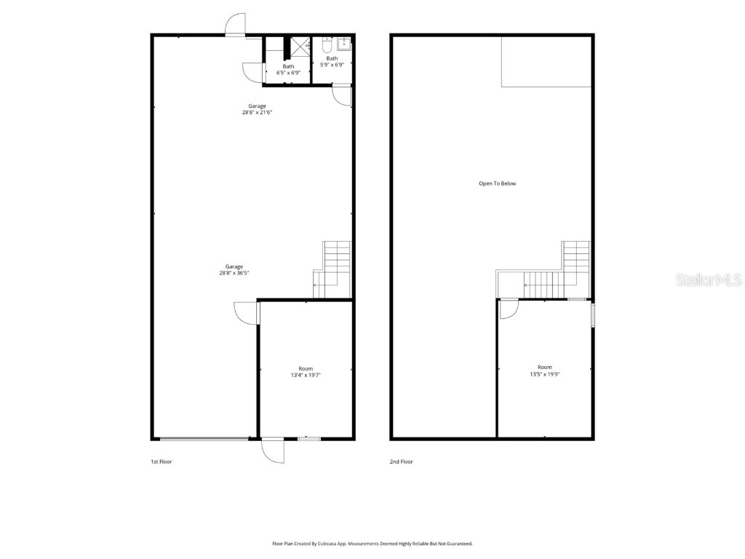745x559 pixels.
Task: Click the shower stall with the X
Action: click(301, 45)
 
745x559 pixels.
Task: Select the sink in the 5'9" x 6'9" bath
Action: click(343, 44)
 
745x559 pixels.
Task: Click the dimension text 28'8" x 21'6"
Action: click(257, 113)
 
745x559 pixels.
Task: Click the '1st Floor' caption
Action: click(161, 461)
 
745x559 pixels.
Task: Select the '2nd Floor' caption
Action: click(402, 461)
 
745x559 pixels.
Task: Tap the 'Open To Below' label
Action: click(497, 183)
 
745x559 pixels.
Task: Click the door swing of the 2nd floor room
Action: click(509, 310)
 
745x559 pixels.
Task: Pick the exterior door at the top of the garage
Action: click(235, 26)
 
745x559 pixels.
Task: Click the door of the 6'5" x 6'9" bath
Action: click(251, 72)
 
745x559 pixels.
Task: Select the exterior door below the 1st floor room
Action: click(274, 451)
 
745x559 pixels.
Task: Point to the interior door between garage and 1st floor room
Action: click(247, 313)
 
